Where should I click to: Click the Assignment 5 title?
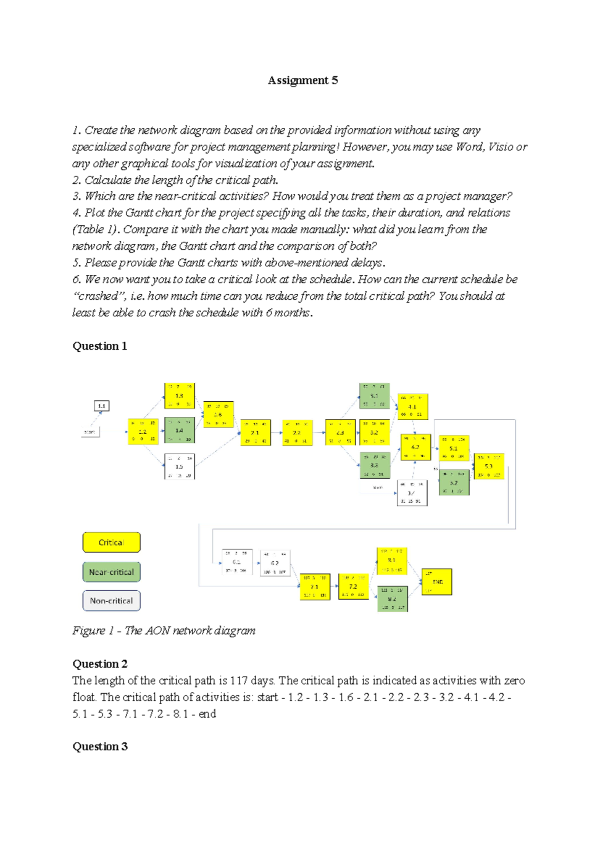pyautogui.click(x=302, y=80)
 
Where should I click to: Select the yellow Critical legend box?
pyautogui.click(x=111, y=542)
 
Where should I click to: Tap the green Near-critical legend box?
pyautogui.click(x=111, y=572)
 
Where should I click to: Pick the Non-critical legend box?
pyautogui.click(x=111, y=601)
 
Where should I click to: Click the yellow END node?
pyautogui.click(x=436, y=582)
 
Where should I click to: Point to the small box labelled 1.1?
pyautogui.click(x=101, y=406)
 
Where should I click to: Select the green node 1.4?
pyautogui.click(x=179, y=430)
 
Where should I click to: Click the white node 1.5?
pyautogui.click(x=179, y=466)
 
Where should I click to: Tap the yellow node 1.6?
pyautogui.click(x=218, y=414)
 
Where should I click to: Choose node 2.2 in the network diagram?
pyautogui.click(x=297, y=432)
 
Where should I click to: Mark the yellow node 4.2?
pyautogui.click(x=415, y=447)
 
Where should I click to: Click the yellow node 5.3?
pyautogui.click(x=488, y=466)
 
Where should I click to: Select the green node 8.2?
pyautogui.click(x=392, y=599)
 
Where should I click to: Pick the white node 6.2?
pyautogui.click(x=274, y=563)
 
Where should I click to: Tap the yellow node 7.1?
pyautogui.click(x=314, y=587)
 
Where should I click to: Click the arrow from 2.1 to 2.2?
pyautogui.click(x=276, y=433)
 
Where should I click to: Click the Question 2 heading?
pyautogui.click(x=100, y=664)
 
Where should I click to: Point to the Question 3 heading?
pyautogui.click(x=100, y=746)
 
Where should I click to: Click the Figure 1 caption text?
pyautogui.click(x=164, y=631)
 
